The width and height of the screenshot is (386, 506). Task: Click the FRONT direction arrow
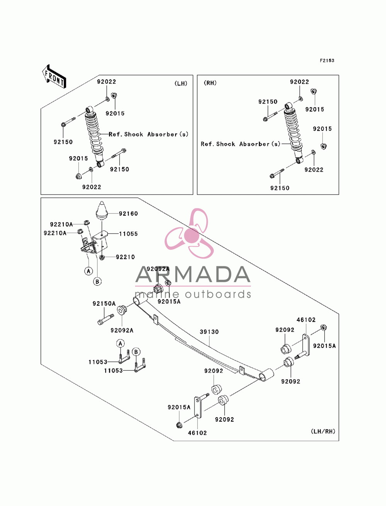(54, 76)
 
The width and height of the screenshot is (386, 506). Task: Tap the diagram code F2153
(327, 61)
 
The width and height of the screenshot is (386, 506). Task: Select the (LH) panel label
(181, 83)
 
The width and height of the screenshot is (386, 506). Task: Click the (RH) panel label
(210, 83)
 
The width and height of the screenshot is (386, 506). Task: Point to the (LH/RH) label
(323, 431)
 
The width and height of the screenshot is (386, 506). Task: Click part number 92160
(128, 214)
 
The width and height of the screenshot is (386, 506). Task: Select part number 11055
(128, 234)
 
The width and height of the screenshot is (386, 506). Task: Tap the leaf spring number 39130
(209, 332)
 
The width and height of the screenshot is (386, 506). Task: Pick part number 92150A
(104, 303)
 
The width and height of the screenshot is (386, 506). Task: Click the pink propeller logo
(190, 233)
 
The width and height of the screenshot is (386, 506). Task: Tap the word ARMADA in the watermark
(193, 274)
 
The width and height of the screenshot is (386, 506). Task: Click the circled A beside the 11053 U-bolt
(120, 344)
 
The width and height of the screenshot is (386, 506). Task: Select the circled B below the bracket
(97, 281)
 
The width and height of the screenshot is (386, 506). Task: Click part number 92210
(125, 257)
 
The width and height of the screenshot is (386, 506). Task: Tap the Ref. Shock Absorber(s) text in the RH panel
(240, 144)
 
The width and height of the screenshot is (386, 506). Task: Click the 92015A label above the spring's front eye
(169, 302)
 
